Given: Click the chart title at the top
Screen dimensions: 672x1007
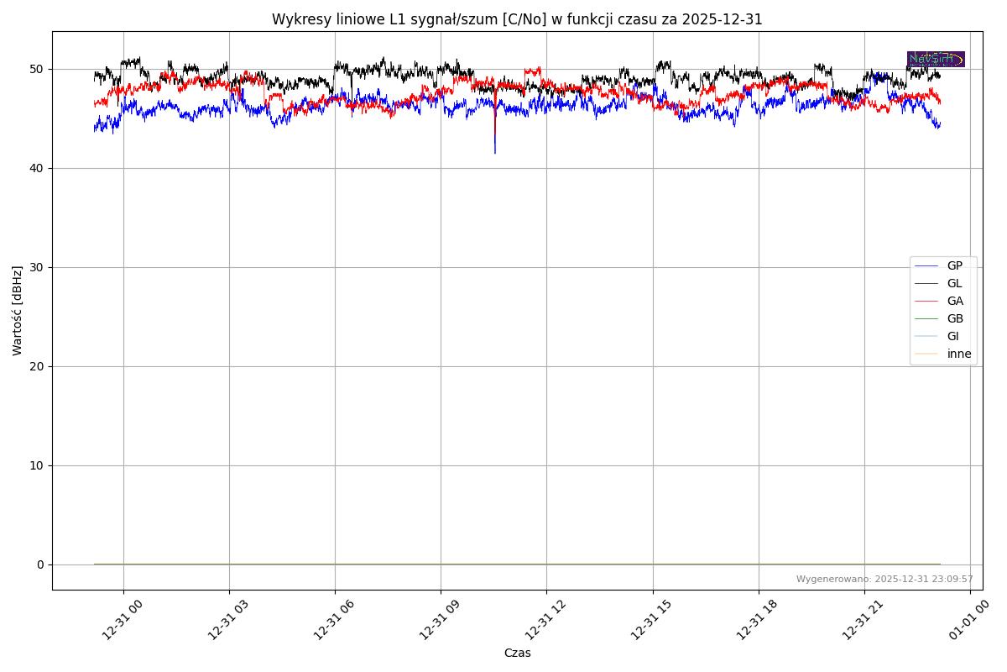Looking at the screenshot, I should point(517,19).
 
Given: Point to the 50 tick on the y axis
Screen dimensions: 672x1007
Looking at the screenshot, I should point(37,69).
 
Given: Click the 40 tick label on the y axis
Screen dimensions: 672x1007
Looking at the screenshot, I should point(37,168).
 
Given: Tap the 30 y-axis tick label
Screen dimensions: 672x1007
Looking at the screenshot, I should point(37,267).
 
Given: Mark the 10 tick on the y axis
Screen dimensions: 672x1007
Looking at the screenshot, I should point(37,465).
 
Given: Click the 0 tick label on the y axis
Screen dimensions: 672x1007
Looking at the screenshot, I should point(40,564).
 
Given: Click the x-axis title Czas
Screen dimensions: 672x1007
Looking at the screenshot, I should point(517,654).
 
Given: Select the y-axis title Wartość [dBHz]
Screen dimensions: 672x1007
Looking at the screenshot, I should point(18,311).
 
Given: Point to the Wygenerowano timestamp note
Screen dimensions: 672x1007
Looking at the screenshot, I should point(884,580).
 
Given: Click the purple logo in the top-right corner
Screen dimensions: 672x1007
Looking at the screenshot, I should point(936,60).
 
